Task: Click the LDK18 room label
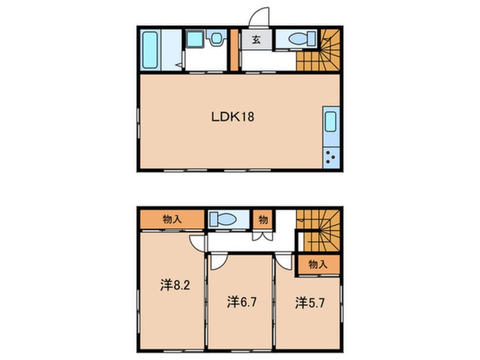click(x=232, y=117)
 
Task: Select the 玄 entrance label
click(x=255, y=41)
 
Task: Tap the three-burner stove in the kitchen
click(x=331, y=156)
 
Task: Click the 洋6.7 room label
click(x=242, y=302)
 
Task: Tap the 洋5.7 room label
click(x=309, y=302)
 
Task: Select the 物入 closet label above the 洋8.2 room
click(x=172, y=219)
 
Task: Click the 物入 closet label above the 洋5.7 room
click(x=318, y=264)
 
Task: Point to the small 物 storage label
click(x=263, y=219)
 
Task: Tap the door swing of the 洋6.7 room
click(x=218, y=261)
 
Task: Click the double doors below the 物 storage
click(x=263, y=237)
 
